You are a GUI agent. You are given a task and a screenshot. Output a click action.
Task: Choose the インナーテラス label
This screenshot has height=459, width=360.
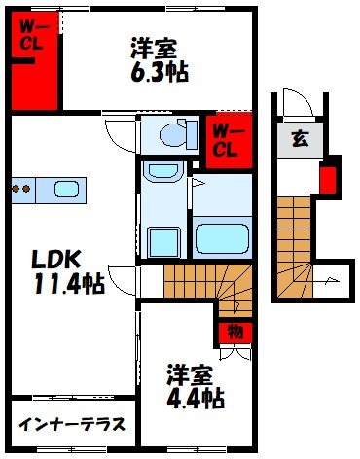pyautogui.click(x=70, y=425)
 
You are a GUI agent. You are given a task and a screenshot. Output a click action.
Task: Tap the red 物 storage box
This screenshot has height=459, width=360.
pyautogui.click(x=234, y=332)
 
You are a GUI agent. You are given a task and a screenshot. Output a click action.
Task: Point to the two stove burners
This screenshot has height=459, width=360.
pyautogui.click(x=22, y=189)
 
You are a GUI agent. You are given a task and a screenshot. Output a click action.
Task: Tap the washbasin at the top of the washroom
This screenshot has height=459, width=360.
pyautogui.click(x=157, y=173)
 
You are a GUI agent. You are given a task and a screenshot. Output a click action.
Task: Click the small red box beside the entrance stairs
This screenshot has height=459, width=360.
pyautogui.click(x=328, y=179)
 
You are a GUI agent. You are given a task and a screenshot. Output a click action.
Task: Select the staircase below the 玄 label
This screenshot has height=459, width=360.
pyautogui.click(x=298, y=238)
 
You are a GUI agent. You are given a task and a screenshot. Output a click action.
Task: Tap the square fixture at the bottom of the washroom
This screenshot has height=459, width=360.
pyautogui.click(x=158, y=239)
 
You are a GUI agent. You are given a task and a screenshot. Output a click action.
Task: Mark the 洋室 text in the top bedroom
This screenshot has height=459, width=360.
pyautogui.click(x=151, y=47)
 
